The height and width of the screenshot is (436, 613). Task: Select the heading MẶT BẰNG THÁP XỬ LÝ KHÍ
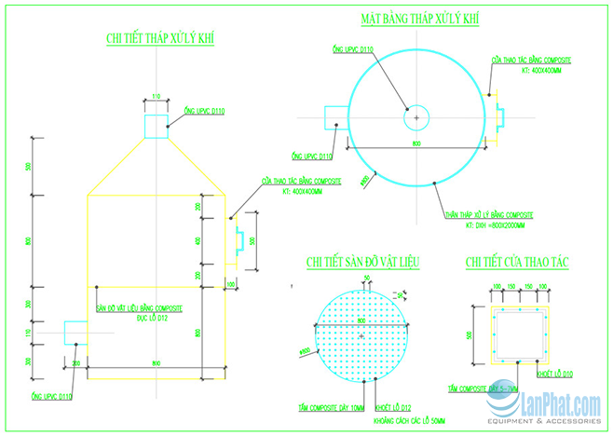pos(420,20)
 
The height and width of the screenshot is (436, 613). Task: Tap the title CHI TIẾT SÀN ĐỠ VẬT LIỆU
pos(363,264)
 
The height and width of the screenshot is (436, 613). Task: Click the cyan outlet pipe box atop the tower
pos(157,124)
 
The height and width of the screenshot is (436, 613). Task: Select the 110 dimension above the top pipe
pos(156,97)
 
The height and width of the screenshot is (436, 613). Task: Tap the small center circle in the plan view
pos(415,117)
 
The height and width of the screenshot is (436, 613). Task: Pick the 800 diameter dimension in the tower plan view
pos(416,143)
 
